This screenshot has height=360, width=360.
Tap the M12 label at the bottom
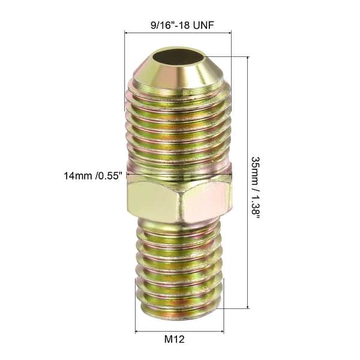click(179, 340)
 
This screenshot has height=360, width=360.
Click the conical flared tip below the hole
click(179, 76)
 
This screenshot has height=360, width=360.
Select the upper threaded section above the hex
click(179, 129)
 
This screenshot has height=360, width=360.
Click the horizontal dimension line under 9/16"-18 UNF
click(178, 33)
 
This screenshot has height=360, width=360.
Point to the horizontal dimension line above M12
click(179, 331)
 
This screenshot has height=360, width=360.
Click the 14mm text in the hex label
click(77, 176)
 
